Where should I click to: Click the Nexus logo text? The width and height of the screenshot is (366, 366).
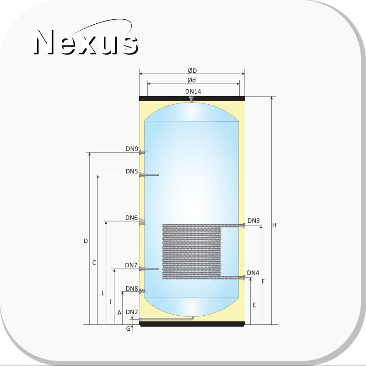click(x=85, y=43)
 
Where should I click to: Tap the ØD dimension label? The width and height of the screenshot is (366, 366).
click(x=192, y=70)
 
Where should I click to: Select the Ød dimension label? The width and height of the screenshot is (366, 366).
click(x=192, y=81)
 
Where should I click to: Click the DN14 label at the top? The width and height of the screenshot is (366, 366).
click(x=193, y=91)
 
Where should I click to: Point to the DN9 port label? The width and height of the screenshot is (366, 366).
click(x=132, y=149)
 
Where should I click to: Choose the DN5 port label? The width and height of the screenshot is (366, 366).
click(x=132, y=171)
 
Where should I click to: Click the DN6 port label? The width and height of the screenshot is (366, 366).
click(x=131, y=218)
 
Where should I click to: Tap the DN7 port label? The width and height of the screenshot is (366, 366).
click(x=131, y=265)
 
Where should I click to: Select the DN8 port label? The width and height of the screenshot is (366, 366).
click(x=132, y=289)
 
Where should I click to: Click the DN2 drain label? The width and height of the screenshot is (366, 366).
click(x=132, y=312)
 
